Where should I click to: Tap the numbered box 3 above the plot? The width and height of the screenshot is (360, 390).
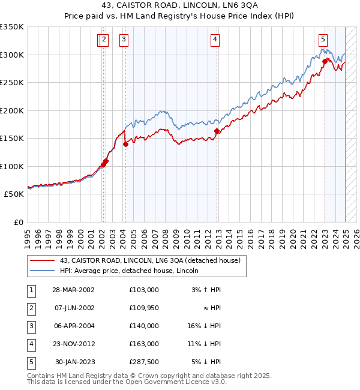(124, 40)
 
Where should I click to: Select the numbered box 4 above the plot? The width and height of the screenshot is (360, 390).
(215, 40)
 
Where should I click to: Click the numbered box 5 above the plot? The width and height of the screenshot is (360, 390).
(323, 40)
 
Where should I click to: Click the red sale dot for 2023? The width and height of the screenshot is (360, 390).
(325, 61)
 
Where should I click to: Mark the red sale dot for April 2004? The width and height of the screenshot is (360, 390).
(125, 144)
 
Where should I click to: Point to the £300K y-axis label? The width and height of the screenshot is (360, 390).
(12, 55)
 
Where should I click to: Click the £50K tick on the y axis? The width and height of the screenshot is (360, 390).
(14, 194)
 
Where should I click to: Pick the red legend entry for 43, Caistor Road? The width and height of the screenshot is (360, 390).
(150, 260)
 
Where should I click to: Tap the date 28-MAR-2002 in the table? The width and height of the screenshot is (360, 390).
(73, 290)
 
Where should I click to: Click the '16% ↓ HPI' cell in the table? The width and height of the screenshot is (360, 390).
(203, 326)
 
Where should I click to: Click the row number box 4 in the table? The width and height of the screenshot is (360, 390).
(30, 344)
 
